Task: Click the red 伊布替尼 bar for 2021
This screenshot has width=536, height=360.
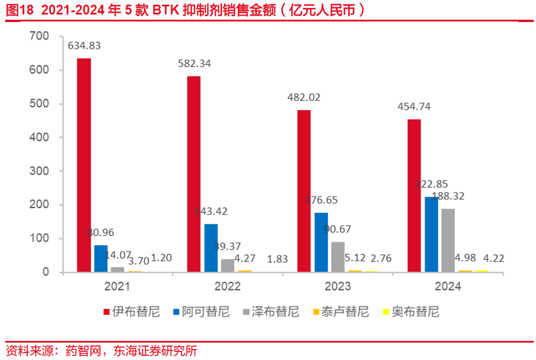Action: pos(84,165)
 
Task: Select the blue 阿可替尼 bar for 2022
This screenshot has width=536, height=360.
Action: pos(211,248)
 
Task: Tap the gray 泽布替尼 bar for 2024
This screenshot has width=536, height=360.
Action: pos(448,240)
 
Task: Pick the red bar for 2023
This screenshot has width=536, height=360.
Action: pos(304,191)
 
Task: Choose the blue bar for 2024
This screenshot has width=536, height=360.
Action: pos(431,234)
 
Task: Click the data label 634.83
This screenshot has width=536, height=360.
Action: pos(84,46)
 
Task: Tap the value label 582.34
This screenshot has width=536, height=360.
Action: pos(194,64)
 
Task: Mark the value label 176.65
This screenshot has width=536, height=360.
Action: pos(321,200)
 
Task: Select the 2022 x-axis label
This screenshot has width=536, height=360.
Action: pos(227,286)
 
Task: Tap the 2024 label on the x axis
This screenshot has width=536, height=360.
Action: pos(447,286)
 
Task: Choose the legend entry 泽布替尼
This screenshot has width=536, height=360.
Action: pos(275,312)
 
